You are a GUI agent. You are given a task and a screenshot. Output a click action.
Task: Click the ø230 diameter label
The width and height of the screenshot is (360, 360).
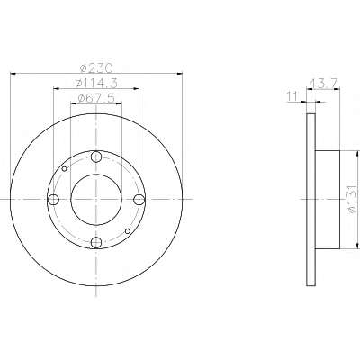[x=96, y=68]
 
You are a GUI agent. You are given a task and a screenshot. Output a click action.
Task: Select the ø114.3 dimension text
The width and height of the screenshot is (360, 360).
[x=96, y=83]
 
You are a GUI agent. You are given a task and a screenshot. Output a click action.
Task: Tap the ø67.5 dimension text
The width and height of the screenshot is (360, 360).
[x=96, y=98]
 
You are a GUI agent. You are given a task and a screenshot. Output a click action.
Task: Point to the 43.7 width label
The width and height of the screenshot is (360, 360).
[x=323, y=82]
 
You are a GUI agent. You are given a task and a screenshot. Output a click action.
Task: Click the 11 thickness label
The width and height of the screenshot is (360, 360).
[x=292, y=96]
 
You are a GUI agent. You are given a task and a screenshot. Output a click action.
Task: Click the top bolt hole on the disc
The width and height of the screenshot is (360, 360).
[x=96, y=157]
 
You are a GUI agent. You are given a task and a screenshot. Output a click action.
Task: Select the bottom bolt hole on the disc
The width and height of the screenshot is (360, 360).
[x=96, y=242]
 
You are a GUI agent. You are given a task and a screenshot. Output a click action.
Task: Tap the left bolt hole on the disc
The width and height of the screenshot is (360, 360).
[x=53, y=199]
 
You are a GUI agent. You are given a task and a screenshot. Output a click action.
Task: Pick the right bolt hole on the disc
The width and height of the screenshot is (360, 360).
[x=139, y=199]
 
